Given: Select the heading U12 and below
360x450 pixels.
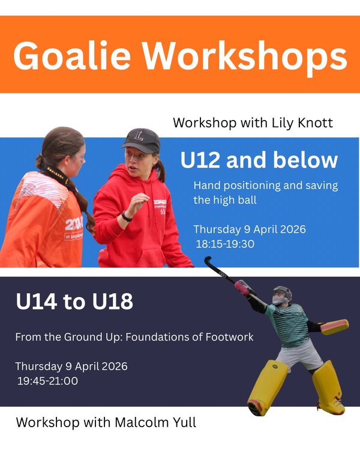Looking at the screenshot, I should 259,161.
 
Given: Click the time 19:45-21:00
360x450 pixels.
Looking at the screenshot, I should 47,380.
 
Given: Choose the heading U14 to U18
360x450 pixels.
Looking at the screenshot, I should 74,302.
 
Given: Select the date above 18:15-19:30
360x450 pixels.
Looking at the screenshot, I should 249,229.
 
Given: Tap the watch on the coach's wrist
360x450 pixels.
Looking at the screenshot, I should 127,216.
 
